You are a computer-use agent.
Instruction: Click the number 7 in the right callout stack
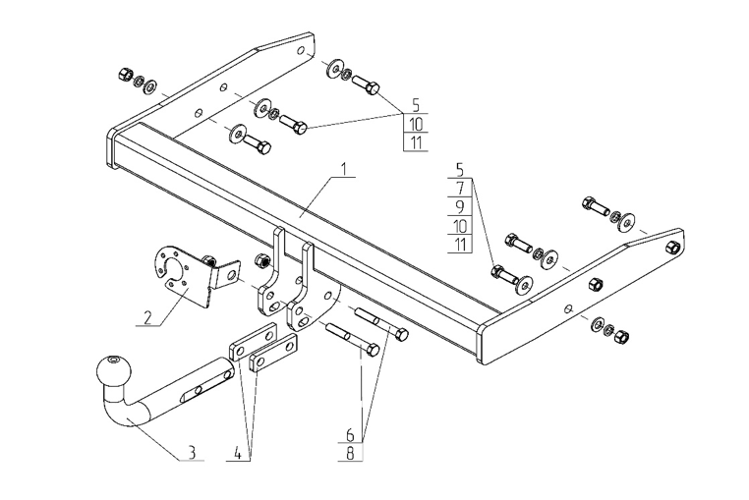459,187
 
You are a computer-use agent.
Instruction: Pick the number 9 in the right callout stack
459,206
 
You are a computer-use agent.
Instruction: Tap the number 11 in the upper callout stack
416,142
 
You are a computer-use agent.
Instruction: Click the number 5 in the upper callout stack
416,104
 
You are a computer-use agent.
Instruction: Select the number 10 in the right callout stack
459,226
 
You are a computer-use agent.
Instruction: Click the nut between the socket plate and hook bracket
262,260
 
